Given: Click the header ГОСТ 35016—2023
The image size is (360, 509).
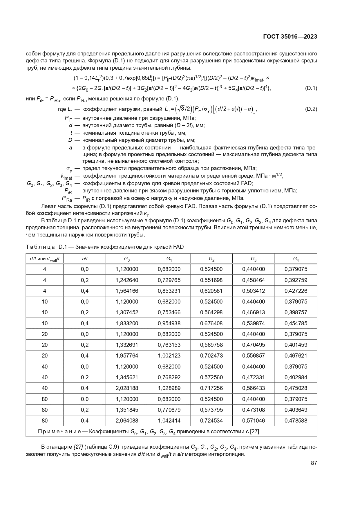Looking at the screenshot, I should click(x=290, y=37).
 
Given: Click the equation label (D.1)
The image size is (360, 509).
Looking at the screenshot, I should click(x=311, y=88).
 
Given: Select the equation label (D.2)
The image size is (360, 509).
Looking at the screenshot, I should click(x=311, y=109).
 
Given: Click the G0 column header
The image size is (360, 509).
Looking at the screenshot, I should click(x=127, y=259).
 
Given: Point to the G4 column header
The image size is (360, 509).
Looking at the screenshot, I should click(x=296, y=259).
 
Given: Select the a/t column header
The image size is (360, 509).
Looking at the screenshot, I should click(x=85, y=259).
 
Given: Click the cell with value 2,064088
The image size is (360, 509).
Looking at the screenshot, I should click(x=127, y=420).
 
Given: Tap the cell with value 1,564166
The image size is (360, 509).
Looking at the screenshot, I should click(x=127, y=291).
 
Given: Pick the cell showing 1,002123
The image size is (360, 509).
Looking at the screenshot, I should click(x=169, y=355).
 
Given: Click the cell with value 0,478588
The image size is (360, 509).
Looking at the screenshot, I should click(x=296, y=420).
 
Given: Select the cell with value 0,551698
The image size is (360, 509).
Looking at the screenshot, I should click(x=211, y=280).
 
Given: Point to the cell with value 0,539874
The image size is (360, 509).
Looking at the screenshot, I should click(x=253, y=323).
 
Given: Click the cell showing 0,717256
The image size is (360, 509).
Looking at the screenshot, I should click(x=211, y=388).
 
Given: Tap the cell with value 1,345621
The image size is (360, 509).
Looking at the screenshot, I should click(x=127, y=377).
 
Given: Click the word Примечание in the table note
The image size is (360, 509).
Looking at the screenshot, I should click(x=59, y=432).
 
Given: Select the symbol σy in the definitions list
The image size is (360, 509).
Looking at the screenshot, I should click(x=69, y=169).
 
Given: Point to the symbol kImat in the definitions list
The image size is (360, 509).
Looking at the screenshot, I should click(x=66, y=176).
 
